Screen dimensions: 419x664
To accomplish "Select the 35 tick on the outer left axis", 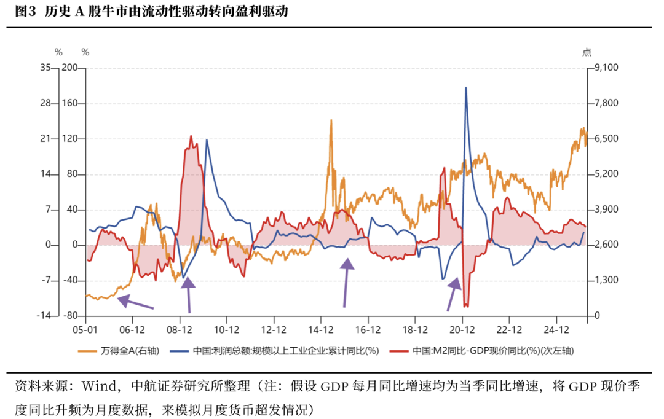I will pos(44,68).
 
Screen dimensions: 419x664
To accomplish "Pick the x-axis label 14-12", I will pos(321,329).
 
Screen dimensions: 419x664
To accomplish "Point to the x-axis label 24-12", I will pos(556,329).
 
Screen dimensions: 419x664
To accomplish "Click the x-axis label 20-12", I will pos(462,329).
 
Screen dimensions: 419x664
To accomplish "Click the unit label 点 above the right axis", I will pos(587,52).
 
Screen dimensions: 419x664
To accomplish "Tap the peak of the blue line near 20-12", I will pos(465,88).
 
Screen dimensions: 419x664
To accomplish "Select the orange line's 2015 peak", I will pos(331,120).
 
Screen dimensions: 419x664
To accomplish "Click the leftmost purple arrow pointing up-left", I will pos(135,302).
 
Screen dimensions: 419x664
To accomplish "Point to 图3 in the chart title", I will pos(24,12).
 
